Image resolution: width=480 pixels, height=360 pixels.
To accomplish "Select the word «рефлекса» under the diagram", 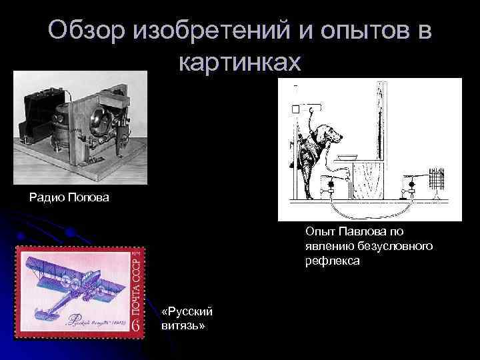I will (333, 261).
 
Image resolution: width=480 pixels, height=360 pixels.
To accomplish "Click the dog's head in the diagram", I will (331, 134).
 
